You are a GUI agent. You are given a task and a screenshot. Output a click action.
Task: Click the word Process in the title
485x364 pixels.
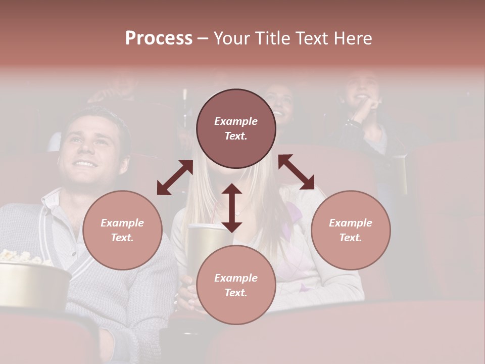159,38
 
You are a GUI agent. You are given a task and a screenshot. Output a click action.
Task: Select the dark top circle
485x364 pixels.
236,128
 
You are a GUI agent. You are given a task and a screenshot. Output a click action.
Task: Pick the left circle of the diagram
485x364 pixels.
122,230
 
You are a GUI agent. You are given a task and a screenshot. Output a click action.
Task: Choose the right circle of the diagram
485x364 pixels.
351,230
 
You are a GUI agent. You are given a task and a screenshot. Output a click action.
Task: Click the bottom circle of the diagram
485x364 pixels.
236,285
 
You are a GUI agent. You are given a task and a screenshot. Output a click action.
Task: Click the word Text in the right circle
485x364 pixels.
350,237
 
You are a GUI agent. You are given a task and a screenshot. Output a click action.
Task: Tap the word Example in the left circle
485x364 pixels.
122,223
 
